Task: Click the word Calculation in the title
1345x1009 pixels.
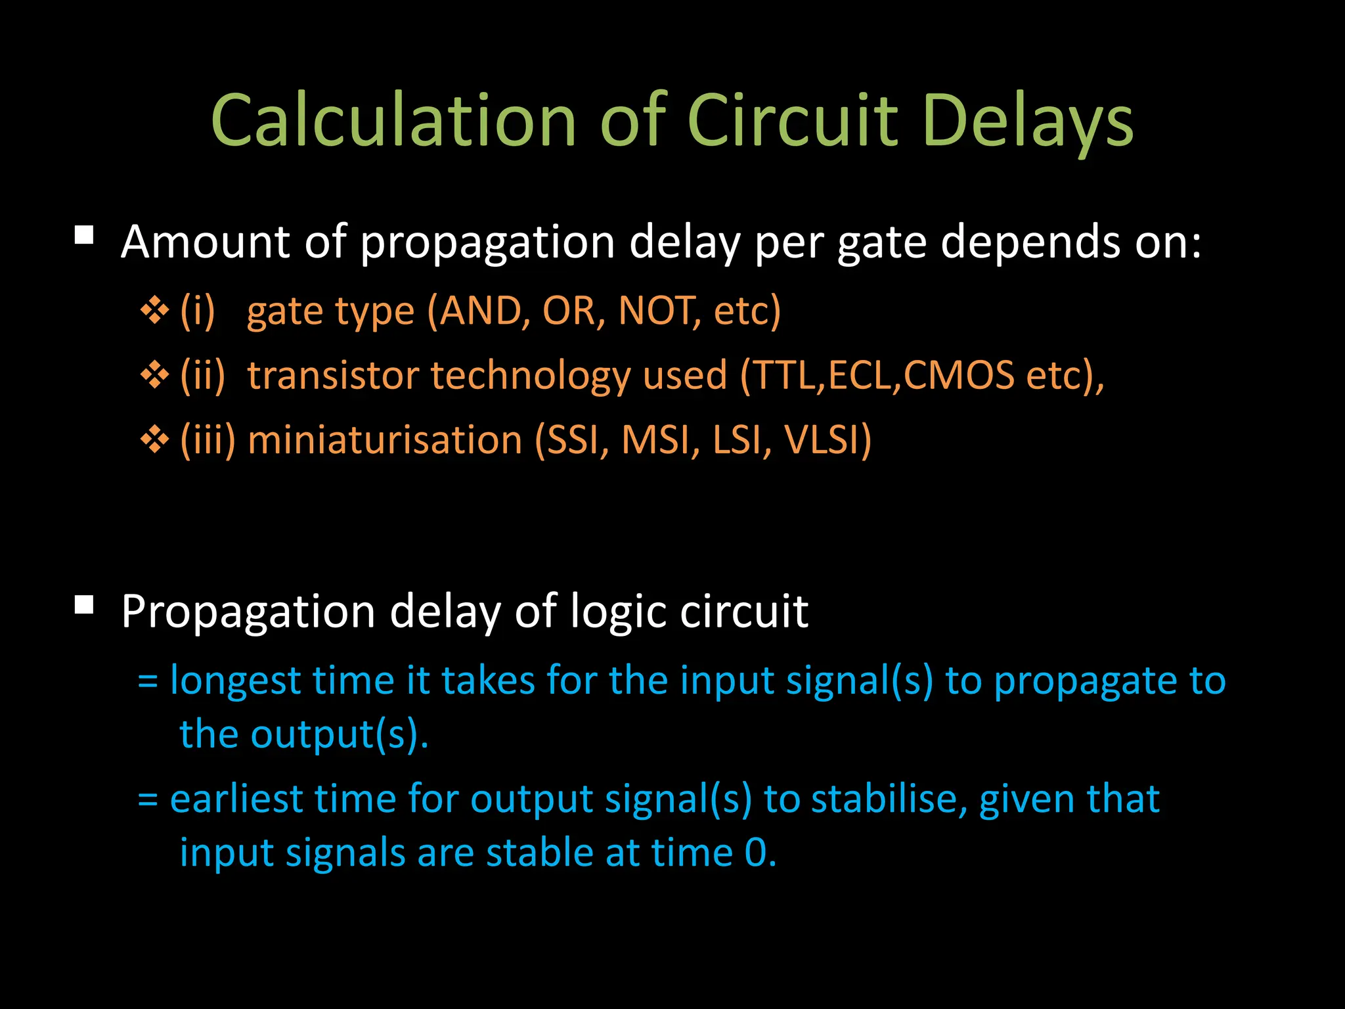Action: pyautogui.click(x=393, y=120)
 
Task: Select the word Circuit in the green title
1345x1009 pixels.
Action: pyautogui.click(x=791, y=120)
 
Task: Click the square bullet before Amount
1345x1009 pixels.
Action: pyautogui.click(x=84, y=235)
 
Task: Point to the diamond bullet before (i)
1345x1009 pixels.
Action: pyautogui.click(x=155, y=310)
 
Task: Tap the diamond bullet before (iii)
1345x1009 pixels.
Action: pyautogui.click(x=155, y=439)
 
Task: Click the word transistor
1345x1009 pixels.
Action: pyautogui.click(x=332, y=375)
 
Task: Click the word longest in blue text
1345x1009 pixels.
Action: pyautogui.click(x=235, y=681)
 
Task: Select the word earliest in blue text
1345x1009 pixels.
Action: pyautogui.click(x=236, y=799)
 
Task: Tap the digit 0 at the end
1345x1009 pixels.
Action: pyautogui.click(x=755, y=853)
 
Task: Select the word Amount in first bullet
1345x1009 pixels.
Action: pyautogui.click(x=206, y=242)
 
